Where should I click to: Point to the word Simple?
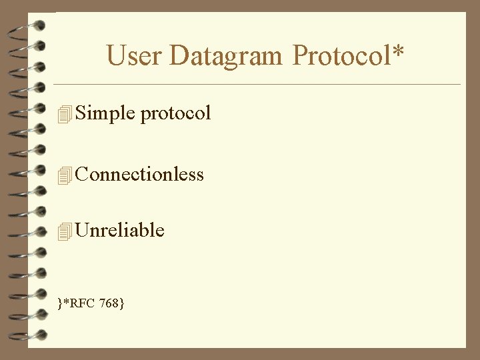[x=105, y=113]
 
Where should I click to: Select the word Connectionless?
[x=139, y=174]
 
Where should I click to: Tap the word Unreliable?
[x=120, y=230]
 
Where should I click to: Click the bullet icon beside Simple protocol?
[x=64, y=115]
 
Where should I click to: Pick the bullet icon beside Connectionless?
[x=64, y=175]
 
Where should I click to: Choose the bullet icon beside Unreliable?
[x=64, y=231]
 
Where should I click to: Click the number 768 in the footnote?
[x=109, y=304]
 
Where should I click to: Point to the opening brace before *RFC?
[x=60, y=305]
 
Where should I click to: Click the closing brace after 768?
[x=122, y=305]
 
